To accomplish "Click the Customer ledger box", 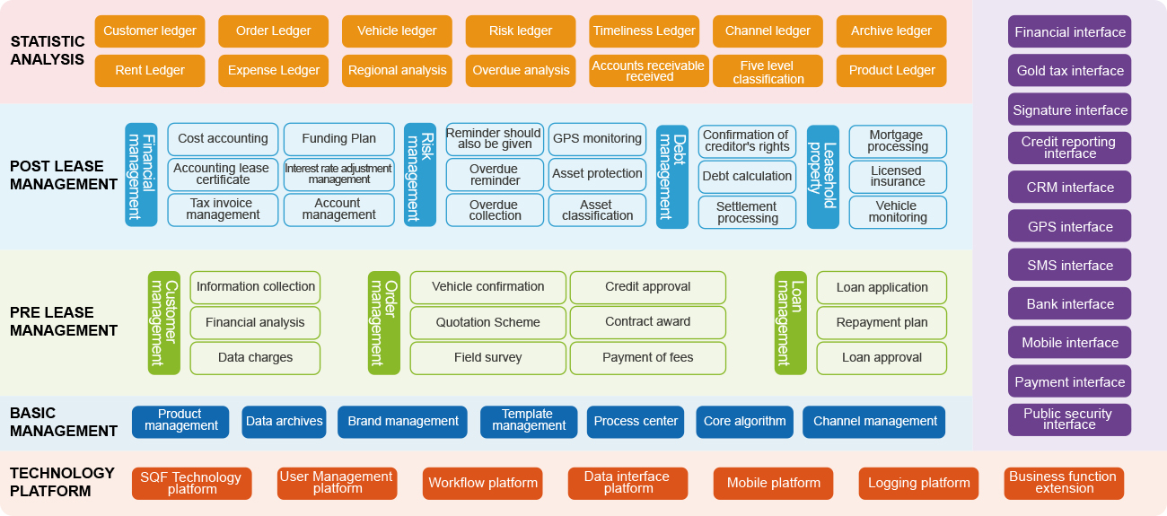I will (149, 31).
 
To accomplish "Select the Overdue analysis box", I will (521, 71).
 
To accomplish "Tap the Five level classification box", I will (768, 72).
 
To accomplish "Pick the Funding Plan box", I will (338, 139).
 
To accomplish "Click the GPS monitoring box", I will (597, 139).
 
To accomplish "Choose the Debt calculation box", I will (747, 177).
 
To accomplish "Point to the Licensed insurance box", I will (898, 177).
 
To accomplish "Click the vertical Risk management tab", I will (420, 175).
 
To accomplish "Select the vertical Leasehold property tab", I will (822, 175).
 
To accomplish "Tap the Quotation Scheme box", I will (487, 322).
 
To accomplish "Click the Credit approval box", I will (647, 287).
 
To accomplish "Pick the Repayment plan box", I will (882, 322).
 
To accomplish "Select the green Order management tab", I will (383, 322).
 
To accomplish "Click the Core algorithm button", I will (744, 422).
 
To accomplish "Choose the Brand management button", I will (402, 422).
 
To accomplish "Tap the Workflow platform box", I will (482, 484).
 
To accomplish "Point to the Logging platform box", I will (918, 484).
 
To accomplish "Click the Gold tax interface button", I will (1069, 71).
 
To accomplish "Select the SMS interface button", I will (1069, 266).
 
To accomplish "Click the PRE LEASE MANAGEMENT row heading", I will (64, 322).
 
